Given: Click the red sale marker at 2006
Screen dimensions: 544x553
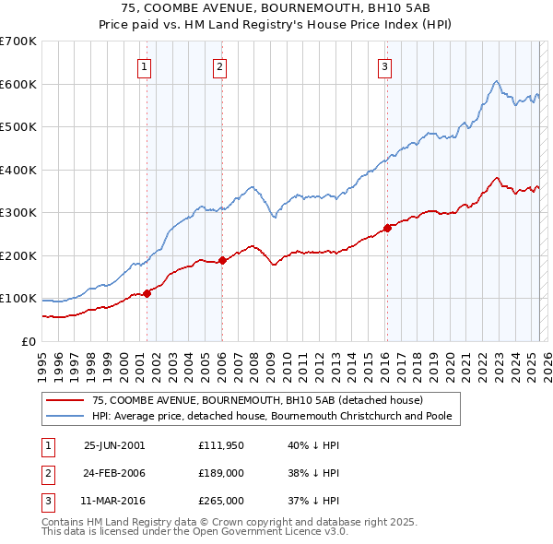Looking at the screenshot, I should (222, 260).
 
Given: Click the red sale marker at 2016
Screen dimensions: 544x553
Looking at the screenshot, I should (387, 228).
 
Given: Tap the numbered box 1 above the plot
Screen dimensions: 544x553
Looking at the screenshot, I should (146, 66).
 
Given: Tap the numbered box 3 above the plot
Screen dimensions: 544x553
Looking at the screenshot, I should (384, 66).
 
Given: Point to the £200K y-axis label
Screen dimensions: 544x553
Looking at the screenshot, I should (18, 255).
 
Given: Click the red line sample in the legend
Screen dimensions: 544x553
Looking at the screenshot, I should (65, 401).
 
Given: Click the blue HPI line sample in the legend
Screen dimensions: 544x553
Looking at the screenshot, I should (65, 416).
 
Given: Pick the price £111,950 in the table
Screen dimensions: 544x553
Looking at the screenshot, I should (221, 445).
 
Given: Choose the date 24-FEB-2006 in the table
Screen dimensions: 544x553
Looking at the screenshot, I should (114, 473).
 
